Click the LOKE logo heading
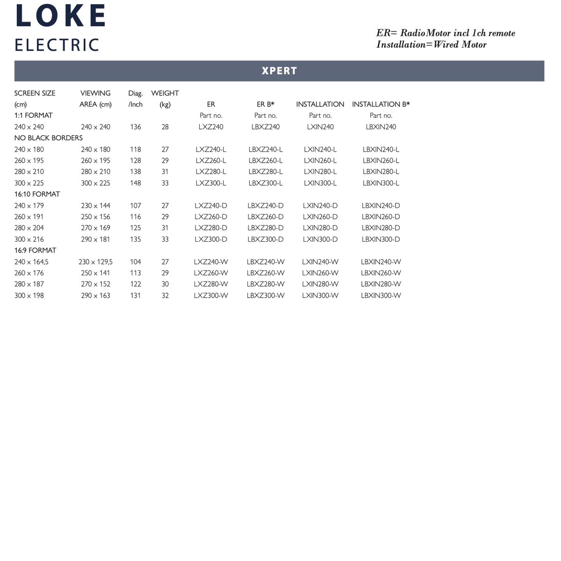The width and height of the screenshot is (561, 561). coord(61,16)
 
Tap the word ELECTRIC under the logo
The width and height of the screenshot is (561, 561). coord(57,45)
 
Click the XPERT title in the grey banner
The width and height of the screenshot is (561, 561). coord(279,71)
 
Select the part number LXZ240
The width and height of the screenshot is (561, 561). coord(211,127)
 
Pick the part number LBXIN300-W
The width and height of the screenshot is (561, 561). coord(381,295)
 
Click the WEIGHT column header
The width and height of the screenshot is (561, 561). coord(165,93)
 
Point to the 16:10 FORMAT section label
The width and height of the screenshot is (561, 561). coord(37,194)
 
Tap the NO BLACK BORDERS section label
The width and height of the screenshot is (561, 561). coord(48,138)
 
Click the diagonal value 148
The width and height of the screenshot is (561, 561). coord(135,183)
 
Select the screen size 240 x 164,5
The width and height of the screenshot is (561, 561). coord(31,262)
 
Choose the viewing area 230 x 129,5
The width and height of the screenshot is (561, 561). coord(95,262)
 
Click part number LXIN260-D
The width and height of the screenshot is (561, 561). coord(320,217)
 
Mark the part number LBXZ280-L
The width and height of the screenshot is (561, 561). coord(266,172)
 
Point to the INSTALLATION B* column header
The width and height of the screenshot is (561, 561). coord(381,104)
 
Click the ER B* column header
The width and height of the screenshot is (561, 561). coord(266,104)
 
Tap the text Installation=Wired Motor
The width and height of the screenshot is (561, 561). coord(431,45)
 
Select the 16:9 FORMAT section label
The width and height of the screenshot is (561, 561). coord(35,250)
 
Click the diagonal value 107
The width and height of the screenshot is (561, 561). coord(135,206)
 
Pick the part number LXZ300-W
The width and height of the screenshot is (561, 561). coord(211,295)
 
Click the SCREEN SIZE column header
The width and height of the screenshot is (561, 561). coord(35,93)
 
